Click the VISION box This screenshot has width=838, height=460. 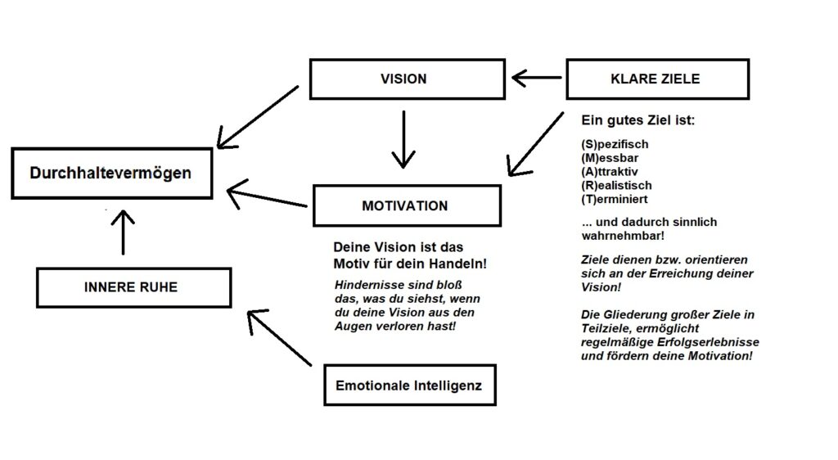[x=403, y=79]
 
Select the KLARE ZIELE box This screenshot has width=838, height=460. [x=656, y=79]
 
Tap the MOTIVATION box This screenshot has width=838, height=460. [x=405, y=205]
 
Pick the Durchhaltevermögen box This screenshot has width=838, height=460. [x=110, y=174]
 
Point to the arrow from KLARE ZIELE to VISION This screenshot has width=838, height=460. [x=538, y=79]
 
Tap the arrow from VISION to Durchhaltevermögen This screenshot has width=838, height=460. [x=258, y=115]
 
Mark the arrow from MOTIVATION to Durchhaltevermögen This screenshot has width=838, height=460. [x=266, y=197]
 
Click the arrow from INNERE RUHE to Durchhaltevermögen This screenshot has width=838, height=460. [x=122, y=232]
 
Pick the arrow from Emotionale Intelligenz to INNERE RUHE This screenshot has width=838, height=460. [x=279, y=337]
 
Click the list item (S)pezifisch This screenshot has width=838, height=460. [x=614, y=145]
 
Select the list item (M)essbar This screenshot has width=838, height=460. [x=610, y=158]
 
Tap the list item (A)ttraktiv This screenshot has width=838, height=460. [x=610, y=172]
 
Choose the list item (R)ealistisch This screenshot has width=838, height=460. [x=616, y=185]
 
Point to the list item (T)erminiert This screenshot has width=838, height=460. [x=615, y=199]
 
